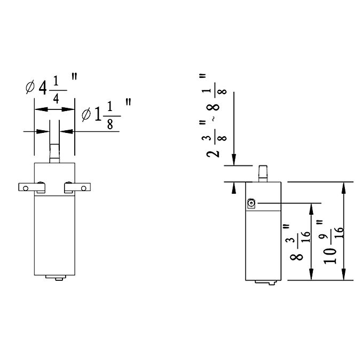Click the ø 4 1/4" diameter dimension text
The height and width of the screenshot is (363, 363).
[51, 88]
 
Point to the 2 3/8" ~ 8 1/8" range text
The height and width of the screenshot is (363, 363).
[213, 116]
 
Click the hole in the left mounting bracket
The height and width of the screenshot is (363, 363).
[26, 188]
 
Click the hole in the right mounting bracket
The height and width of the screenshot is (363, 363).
[84, 188]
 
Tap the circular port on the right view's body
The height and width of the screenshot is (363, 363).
[251, 203]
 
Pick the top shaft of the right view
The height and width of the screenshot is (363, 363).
[263, 173]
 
